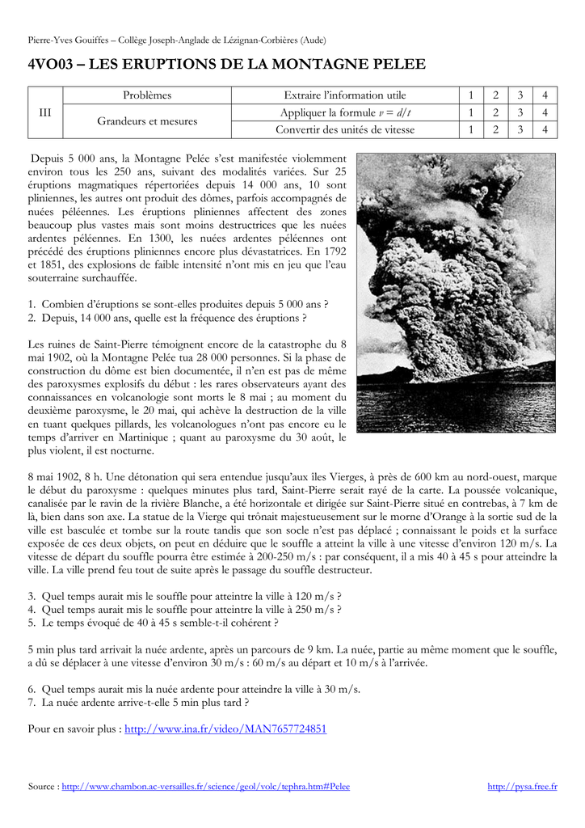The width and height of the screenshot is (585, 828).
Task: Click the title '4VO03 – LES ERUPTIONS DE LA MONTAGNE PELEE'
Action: (226, 64)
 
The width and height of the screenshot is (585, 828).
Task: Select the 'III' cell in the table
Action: (45, 112)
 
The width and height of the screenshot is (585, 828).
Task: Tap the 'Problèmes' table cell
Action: (147, 95)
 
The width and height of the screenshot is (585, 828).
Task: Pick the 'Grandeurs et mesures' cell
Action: (147, 121)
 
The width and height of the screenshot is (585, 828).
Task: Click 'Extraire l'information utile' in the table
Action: (345, 95)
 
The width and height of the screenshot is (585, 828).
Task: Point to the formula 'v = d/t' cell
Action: (345, 112)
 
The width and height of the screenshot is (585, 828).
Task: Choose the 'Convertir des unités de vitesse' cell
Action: (345, 129)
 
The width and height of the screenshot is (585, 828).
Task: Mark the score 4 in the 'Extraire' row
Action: (545, 95)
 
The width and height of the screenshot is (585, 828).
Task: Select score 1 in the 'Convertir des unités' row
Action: (470, 129)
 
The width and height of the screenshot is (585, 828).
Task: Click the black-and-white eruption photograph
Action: (456, 293)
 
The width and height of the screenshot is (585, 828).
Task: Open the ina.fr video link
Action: (225, 729)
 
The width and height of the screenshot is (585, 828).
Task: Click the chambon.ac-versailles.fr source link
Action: (206, 786)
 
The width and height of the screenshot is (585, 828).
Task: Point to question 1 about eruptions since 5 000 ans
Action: (178, 304)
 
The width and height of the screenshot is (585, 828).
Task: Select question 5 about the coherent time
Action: (154, 623)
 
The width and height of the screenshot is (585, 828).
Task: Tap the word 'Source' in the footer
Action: (41, 786)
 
